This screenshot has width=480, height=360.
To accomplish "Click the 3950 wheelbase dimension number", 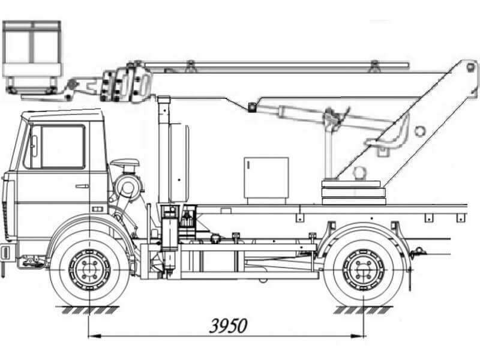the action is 228,326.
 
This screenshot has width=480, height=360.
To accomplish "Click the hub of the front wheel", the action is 89,269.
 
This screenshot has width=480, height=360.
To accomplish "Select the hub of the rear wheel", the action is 364,269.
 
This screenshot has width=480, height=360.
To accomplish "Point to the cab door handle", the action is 82,186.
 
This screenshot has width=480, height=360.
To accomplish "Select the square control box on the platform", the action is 266,178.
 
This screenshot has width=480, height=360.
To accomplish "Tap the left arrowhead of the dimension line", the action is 94,336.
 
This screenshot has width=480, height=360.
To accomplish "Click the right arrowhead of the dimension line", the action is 358,336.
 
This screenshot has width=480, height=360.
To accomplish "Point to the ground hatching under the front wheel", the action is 89,310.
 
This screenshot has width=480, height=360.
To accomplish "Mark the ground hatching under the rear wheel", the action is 364,310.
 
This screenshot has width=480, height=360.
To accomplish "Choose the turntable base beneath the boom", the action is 353,192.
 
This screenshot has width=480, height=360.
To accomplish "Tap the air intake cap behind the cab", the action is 125,162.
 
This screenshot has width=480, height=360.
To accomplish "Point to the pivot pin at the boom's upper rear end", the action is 470,67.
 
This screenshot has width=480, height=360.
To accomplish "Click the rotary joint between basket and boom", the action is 125,83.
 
